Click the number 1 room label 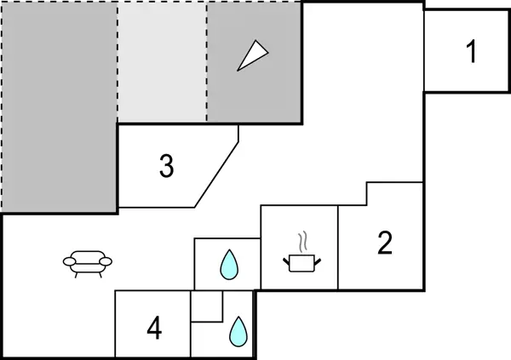[x=471, y=52]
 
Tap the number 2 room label [x=385, y=244]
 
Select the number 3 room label [x=167, y=167]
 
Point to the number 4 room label [x=154, y=328]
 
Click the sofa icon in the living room [x=88, y=263]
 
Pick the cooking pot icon [x=300, y=263]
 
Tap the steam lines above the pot [x=301, y=241]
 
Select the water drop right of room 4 [x=238, y=331]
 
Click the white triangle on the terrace [x=252, y=56]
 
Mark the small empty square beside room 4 [x=206, y=307]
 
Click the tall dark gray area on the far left [x=58, y=106]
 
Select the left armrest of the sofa [x=68, y=261]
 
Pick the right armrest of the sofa [x=108, y=261]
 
